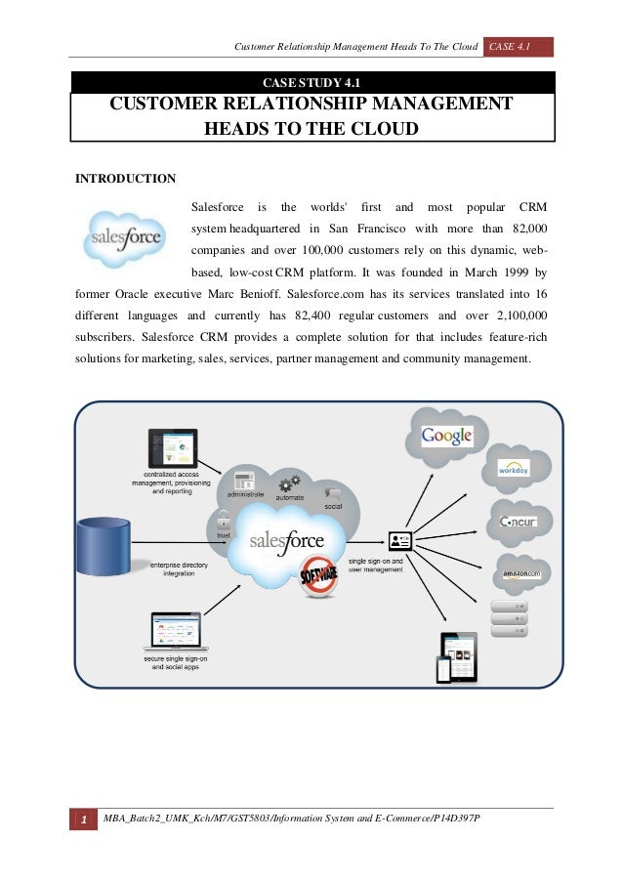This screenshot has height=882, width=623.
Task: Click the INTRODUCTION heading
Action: (126, 179)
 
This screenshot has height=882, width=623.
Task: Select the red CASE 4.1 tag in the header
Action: (519, 48)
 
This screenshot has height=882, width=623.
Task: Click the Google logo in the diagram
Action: (447, 436)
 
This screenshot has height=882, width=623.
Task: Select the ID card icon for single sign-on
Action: (400, 540)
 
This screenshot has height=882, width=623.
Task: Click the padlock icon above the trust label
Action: (224, 519)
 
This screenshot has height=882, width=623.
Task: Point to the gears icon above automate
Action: (289, 483)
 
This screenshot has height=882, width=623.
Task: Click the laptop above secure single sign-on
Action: (175, 632)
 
